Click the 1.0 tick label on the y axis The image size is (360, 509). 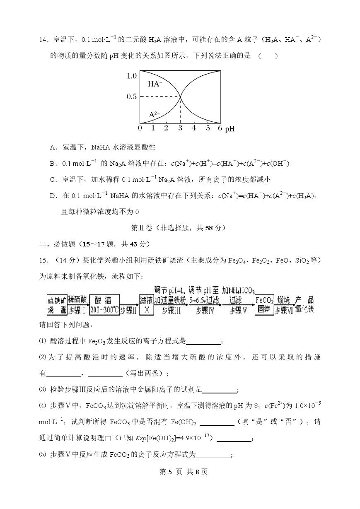click(x=131, y=76)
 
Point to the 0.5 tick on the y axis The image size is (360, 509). click(x=131, y=96)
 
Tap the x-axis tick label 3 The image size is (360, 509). click(x=180, y=128)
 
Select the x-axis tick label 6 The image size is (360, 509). click(x=220, y=128)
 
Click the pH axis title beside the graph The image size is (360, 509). click(x=230, y=129)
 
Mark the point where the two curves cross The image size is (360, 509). click(x=180, y=96)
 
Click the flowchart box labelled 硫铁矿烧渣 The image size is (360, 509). click(x=56, y=305)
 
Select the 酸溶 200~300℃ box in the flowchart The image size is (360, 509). click(x=104, y=305)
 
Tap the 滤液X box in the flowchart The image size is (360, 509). click(x=146, y=305)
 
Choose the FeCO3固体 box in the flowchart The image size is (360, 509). click(x=264, y=305)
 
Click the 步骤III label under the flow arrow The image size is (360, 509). click(x=171, y=311)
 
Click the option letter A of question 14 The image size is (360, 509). click(x=53, y=147)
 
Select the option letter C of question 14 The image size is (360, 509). click(x=53, y=179)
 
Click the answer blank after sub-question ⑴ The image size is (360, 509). click(x=204, y=342)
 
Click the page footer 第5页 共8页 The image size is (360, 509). click(x=180, y=483)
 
